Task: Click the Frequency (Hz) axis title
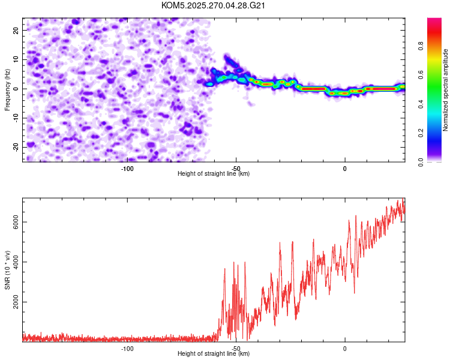click(8, 89)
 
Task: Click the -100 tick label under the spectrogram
click(127, 169)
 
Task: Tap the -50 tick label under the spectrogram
click(236, 169)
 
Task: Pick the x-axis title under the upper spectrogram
click(214, 174)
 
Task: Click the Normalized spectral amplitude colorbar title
click(446, 90)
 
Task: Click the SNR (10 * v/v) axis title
click(8, 269)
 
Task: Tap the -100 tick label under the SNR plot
click(127, 349)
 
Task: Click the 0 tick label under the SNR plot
click(345, 349)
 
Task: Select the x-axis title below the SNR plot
click(214, 354)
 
